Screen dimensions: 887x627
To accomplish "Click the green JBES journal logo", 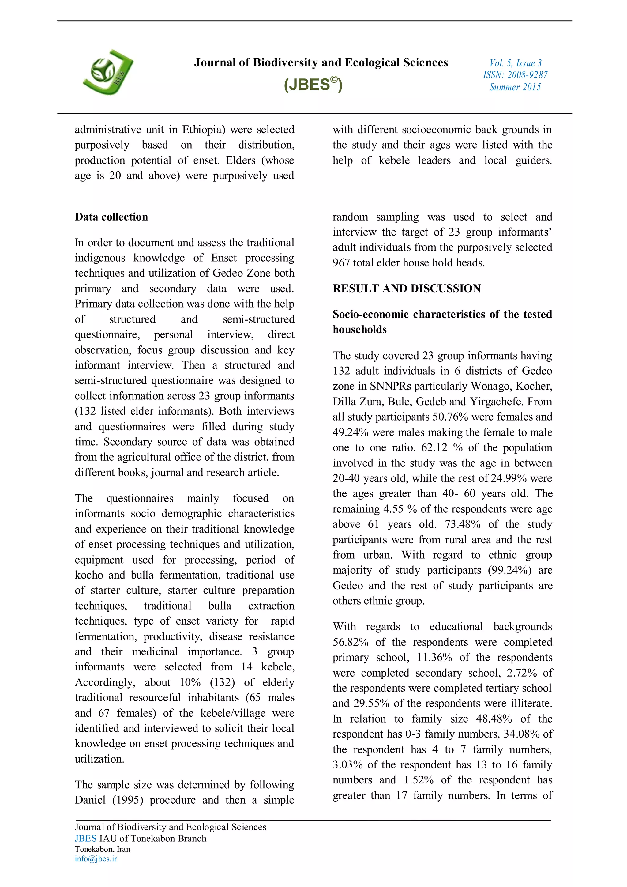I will (108, 73).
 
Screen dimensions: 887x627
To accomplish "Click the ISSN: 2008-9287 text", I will (515, 75).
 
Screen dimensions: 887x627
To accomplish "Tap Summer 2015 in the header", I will (515, 87).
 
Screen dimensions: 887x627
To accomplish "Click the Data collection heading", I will (111, 217).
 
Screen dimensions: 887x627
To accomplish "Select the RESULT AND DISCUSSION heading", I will (407, 288).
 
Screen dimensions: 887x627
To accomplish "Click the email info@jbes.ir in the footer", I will (96, 859).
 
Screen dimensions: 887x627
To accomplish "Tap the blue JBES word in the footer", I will (86, 838).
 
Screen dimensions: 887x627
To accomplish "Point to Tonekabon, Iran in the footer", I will (103, 849).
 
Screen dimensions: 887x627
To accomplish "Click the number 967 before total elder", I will (341, 263).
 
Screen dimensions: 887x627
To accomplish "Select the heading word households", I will (359, 330).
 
